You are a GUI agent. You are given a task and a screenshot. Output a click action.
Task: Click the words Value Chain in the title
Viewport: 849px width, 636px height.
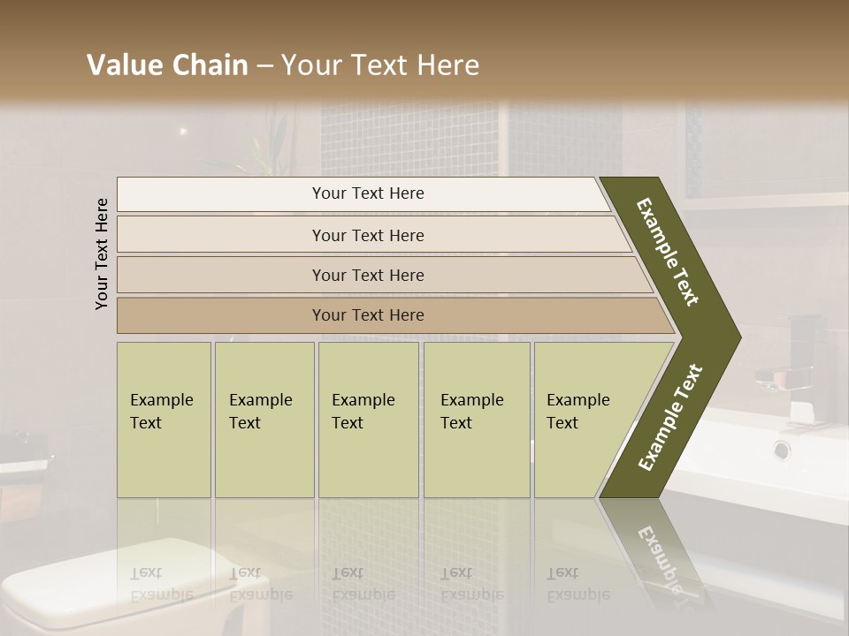(167, 65)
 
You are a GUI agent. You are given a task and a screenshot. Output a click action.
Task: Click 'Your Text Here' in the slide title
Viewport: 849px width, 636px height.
(380, 65)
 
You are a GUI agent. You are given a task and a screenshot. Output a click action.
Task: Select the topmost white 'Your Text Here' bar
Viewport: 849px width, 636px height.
(368, 193)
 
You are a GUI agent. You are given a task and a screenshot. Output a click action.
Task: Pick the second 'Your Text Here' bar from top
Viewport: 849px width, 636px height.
(368, 235)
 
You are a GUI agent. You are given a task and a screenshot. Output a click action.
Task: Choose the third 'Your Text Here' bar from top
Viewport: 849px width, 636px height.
(368, 275)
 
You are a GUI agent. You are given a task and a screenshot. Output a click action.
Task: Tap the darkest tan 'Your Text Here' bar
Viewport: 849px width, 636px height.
(368, 315)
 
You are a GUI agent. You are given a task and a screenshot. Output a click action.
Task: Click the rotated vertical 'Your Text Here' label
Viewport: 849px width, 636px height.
(102, 254)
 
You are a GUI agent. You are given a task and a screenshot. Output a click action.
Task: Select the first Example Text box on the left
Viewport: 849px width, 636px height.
(164, 420)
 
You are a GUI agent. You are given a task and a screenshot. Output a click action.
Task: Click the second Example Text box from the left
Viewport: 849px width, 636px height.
(264, 420)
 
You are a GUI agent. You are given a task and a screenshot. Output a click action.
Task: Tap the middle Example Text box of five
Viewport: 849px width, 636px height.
(368, 420)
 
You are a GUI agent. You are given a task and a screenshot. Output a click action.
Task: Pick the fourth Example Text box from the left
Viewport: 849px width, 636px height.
(476, 420)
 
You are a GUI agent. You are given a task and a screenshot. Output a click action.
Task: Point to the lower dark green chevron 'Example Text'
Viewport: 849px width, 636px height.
(670, 417)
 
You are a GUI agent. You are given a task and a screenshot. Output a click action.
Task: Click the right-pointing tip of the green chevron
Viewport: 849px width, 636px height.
(736, 337)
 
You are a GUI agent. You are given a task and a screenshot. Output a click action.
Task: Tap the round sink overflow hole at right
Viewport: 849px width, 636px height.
(782, 450)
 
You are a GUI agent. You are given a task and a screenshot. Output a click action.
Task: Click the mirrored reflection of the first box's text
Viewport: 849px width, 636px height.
(162, 584)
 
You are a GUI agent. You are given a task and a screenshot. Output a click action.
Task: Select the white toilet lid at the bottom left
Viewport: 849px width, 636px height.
(115, 574)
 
